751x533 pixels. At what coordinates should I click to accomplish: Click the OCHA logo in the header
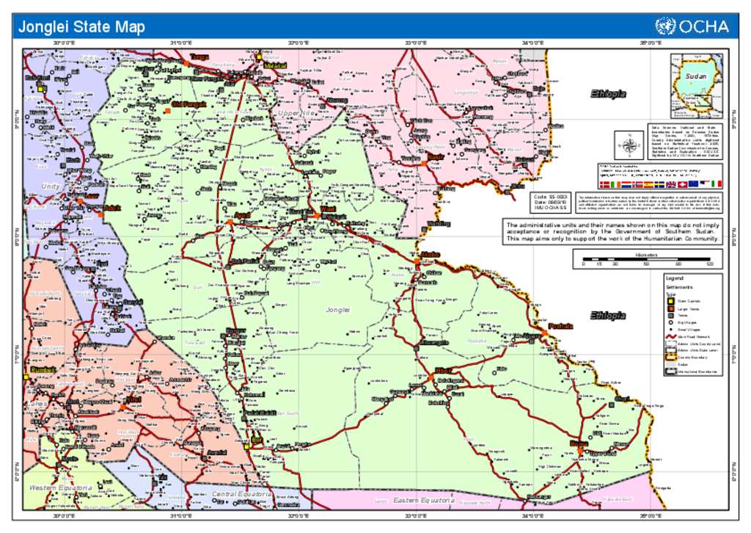692,26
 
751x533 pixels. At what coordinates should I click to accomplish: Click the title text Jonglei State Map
81,28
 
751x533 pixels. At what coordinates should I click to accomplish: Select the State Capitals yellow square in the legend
670,300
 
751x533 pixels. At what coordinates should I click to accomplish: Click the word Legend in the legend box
674,278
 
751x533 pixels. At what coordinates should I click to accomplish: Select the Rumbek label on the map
43,369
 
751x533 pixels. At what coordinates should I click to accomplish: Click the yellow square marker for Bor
247,445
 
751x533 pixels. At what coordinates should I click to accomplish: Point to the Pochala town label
561,325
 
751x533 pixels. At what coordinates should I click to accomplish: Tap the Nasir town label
436,157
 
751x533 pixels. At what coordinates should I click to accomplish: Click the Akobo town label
430,254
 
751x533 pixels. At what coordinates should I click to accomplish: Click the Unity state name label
51,186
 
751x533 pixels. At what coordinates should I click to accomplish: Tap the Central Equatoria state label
242,494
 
